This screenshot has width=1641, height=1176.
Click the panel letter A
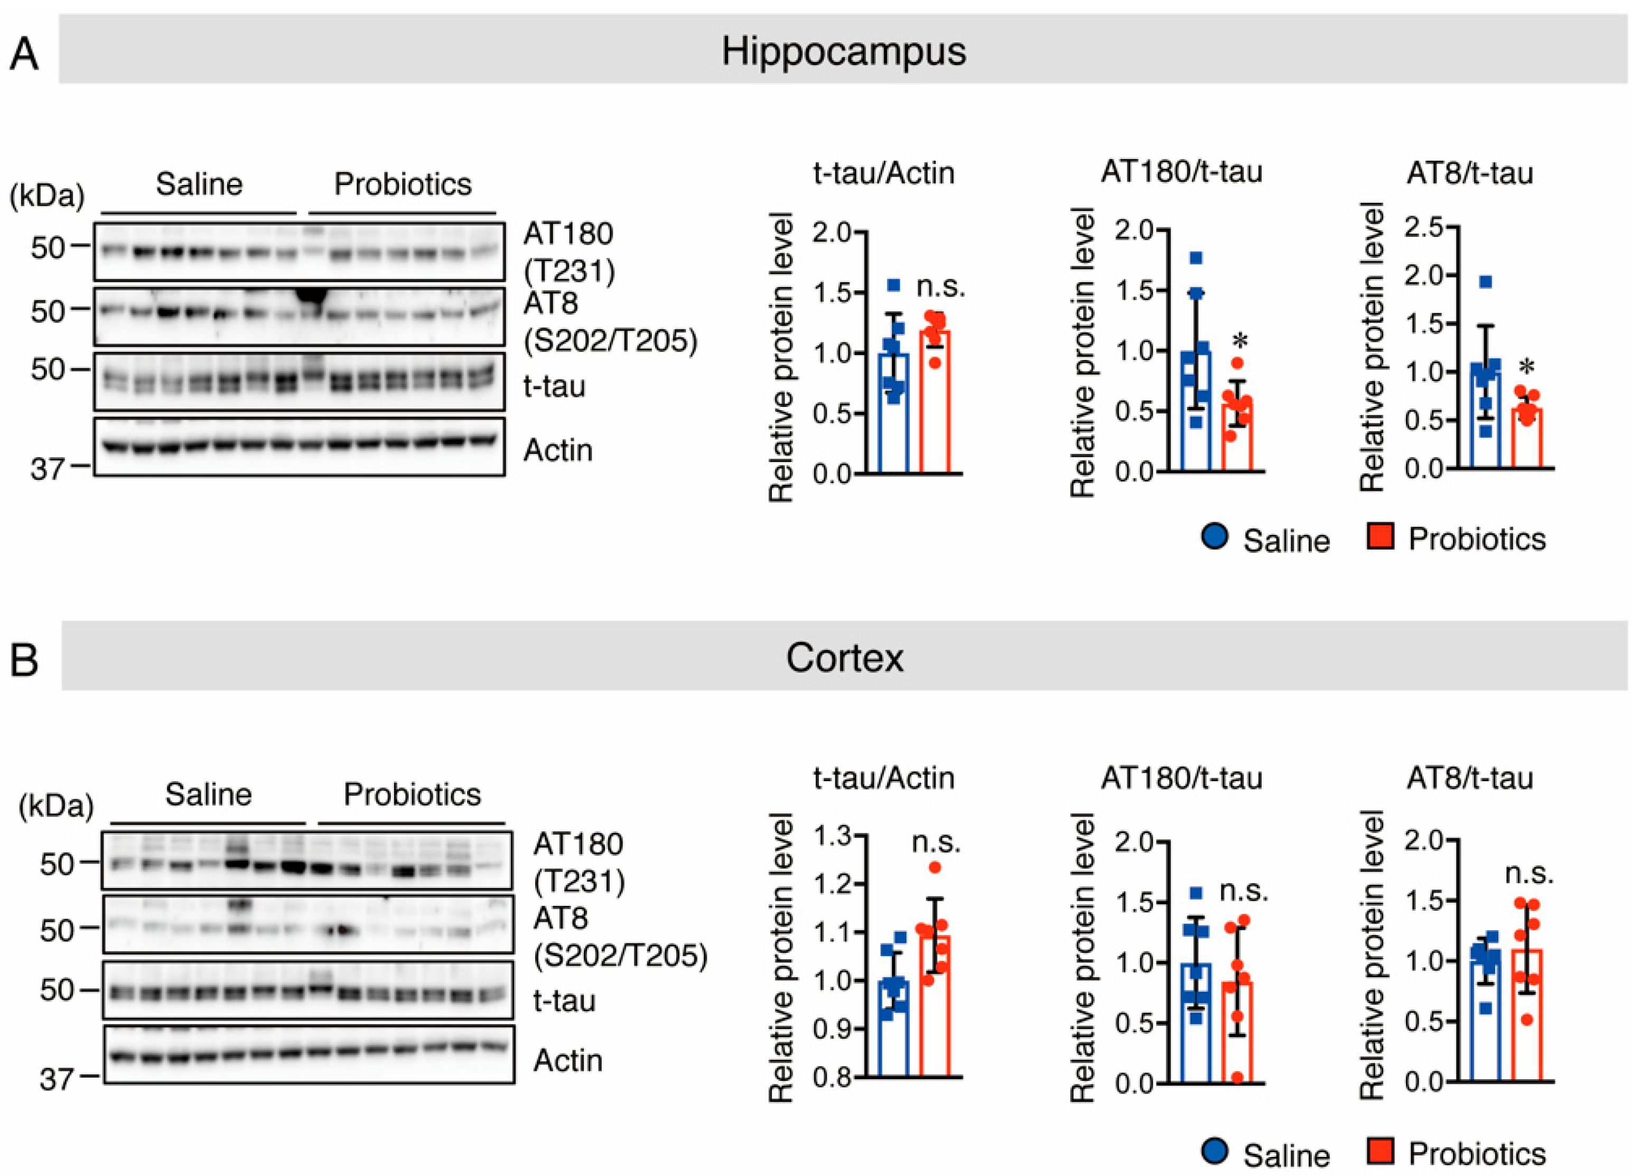24,54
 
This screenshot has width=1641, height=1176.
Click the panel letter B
24,660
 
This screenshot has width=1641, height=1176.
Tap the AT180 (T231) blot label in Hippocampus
568,251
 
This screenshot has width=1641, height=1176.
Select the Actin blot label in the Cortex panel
568,1060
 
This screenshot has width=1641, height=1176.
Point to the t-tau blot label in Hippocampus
554,386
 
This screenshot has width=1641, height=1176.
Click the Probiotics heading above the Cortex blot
412,794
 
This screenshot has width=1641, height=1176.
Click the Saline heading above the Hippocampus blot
199,184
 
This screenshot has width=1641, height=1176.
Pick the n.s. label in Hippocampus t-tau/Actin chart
940,286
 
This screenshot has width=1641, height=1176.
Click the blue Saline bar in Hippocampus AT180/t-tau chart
1195,412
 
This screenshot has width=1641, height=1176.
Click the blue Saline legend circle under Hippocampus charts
1215,537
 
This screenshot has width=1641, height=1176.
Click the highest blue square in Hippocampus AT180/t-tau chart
1196,257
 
